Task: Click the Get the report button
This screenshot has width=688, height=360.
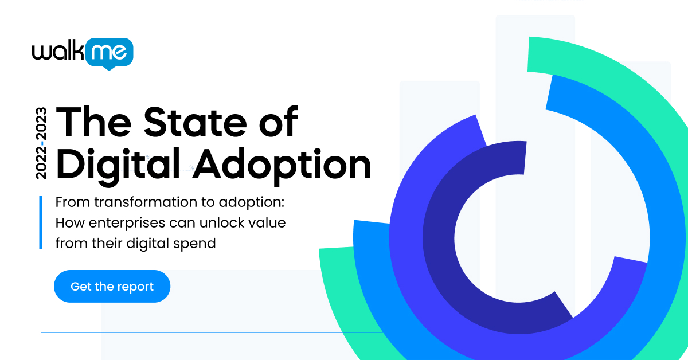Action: [x=112, y=287]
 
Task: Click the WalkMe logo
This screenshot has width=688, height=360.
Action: [x=83, y=53]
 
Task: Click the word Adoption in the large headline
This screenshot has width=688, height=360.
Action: [x=281, y=165]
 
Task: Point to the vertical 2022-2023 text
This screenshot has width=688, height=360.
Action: [x=42, y=142]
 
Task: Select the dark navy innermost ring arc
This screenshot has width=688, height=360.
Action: [x=436, y=241]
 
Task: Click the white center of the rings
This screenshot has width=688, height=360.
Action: [x=505, y=241]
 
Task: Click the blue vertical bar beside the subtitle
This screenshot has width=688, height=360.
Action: [x=41, y=222]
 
